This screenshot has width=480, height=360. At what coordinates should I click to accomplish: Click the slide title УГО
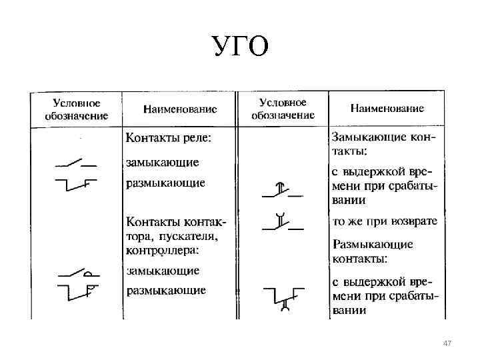pos(241,47)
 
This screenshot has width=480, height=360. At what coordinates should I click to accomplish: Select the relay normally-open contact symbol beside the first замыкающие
pos(75,163)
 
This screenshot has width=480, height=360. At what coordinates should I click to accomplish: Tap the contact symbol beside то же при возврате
pos(282,222)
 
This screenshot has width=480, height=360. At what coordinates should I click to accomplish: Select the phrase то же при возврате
pos(385,221)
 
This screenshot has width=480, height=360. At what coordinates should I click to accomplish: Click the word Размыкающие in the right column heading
pos(373,244)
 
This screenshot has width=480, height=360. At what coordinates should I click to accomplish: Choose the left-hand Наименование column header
pos(180,108)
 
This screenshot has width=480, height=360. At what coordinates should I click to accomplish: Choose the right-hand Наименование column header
pos(387,108)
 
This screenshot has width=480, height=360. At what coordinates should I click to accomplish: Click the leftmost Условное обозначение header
pos(77,109)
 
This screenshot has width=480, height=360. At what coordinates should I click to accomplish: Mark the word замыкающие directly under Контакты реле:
pos(163,162)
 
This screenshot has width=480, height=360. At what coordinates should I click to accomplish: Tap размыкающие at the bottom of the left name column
pos(166,290)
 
